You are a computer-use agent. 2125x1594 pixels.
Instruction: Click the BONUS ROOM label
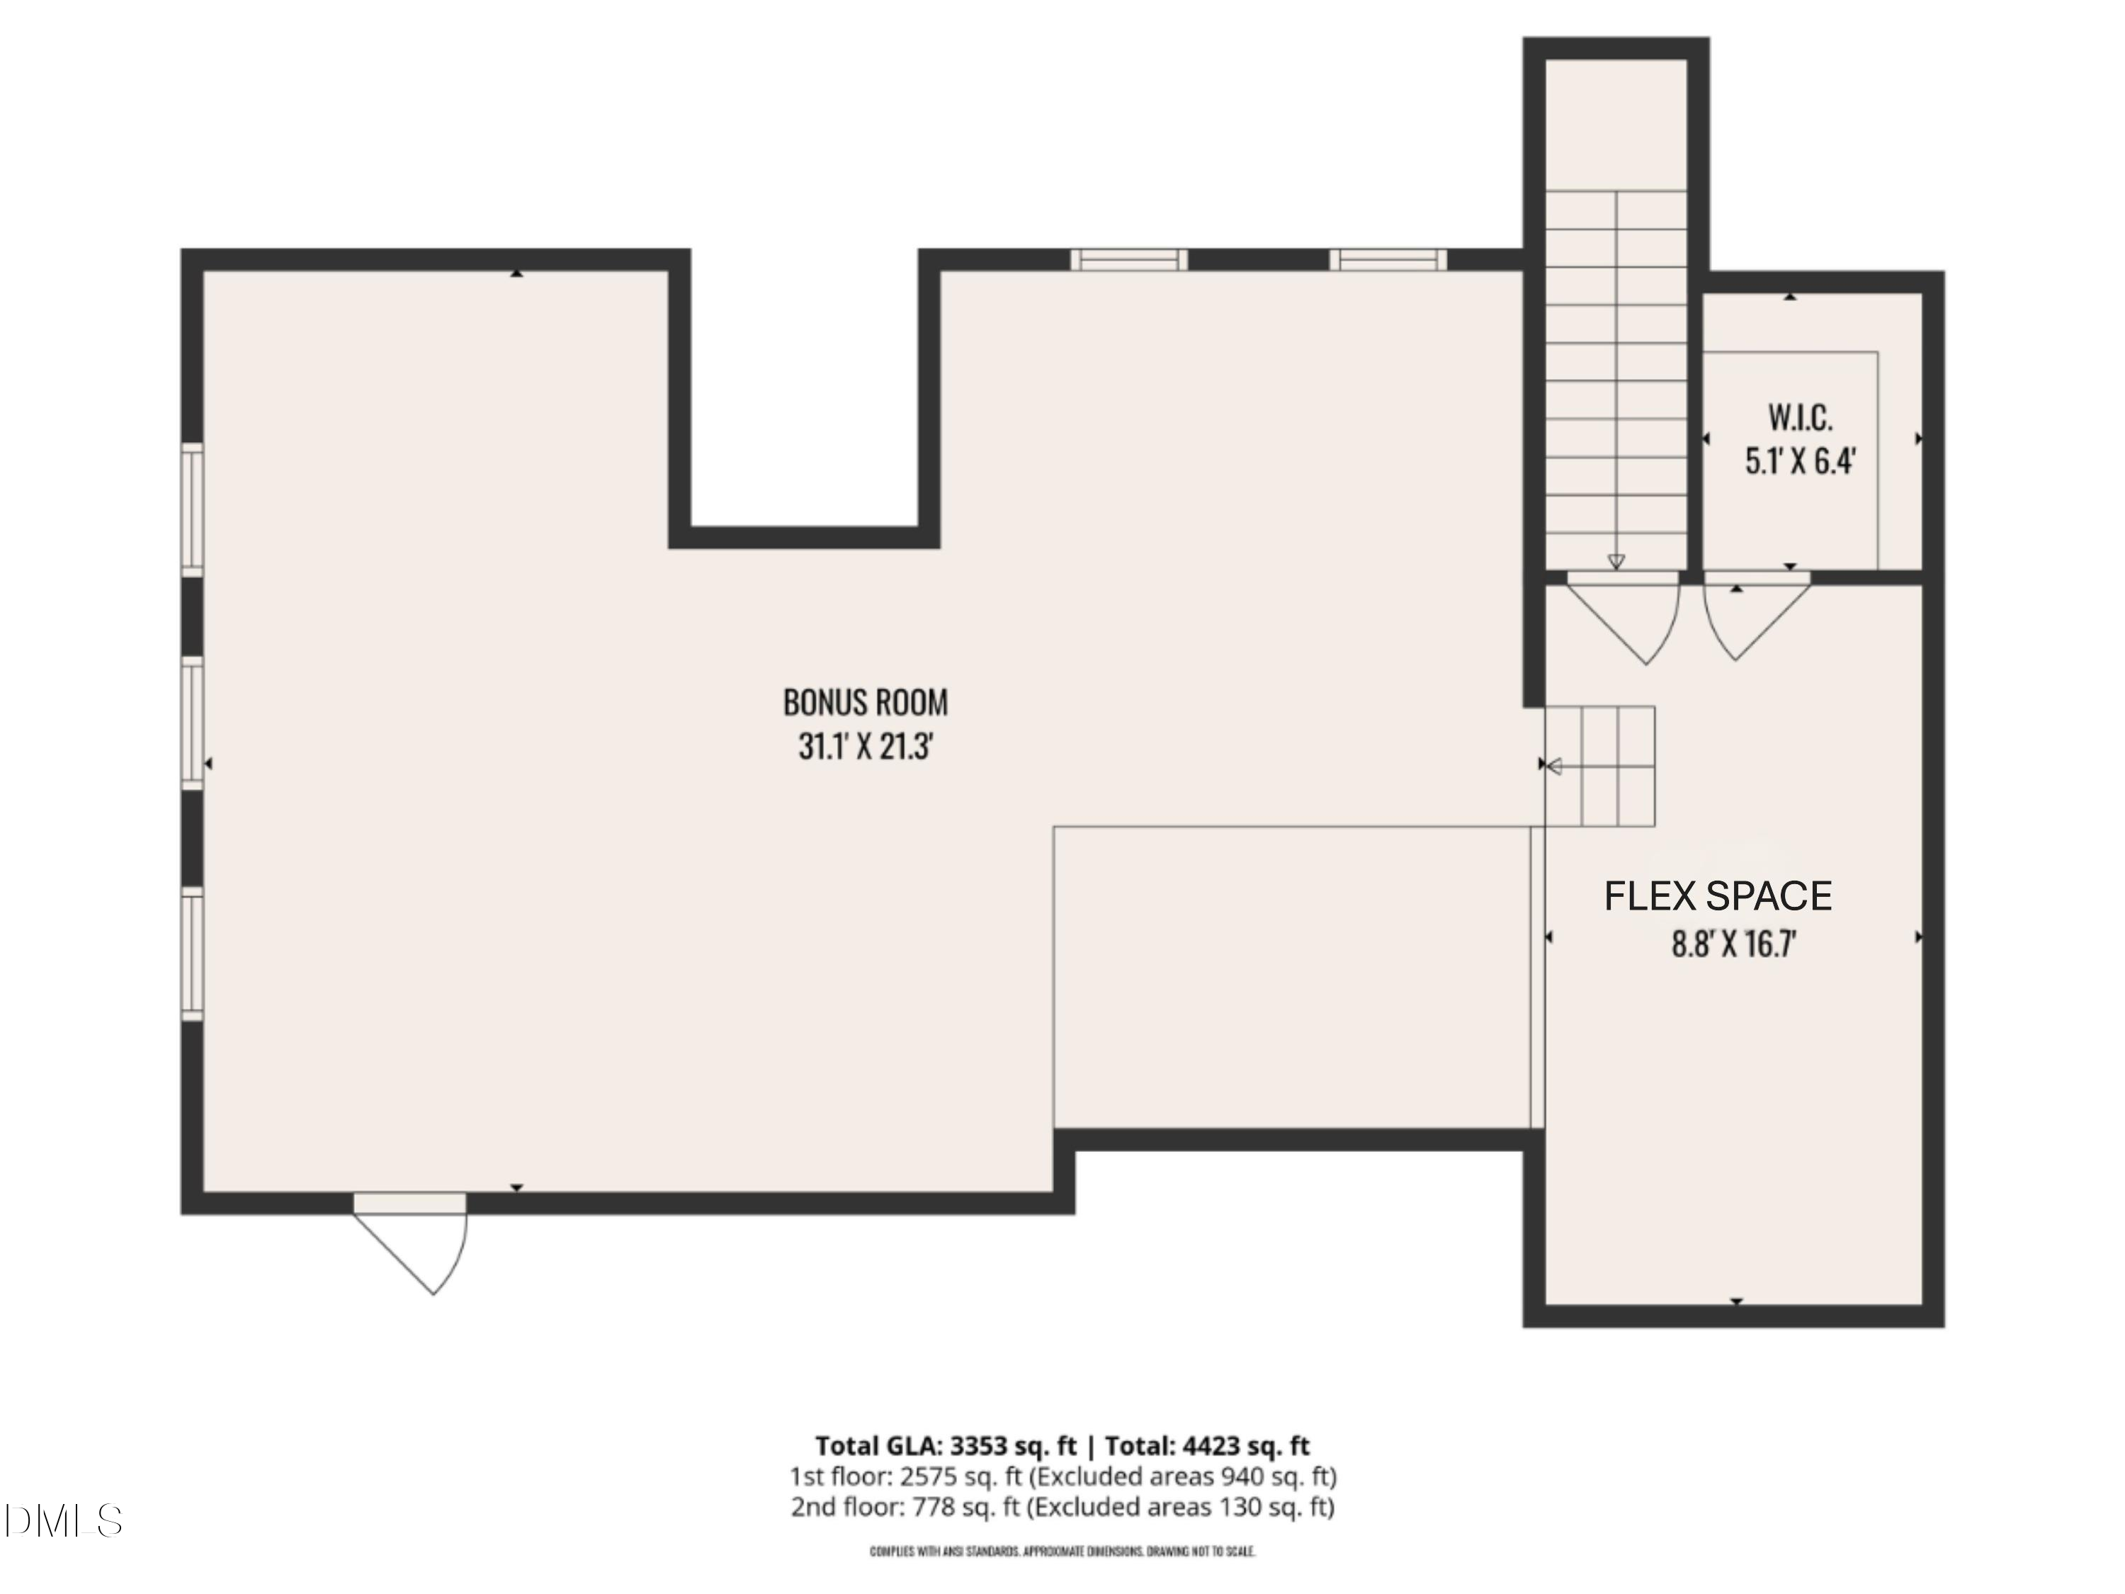(866, 702)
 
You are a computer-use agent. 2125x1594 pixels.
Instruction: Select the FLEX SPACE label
(1718, 896)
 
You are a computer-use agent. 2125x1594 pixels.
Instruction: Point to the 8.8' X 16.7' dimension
(1734, 944)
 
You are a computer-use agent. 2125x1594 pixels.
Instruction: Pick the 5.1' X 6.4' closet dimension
(1799, 462)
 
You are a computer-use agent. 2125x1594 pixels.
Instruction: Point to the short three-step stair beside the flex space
(1599, 767)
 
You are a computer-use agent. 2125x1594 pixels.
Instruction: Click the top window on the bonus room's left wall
(193, 510)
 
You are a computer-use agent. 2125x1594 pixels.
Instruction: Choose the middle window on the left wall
(193, 723)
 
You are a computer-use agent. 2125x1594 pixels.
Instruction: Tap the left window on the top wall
(1129, 259)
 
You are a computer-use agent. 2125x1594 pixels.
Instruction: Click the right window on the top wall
(1388, 259)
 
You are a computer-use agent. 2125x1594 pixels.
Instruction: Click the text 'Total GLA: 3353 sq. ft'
(946, 1446)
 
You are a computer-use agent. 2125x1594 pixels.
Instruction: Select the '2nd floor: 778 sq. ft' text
(905, 1507)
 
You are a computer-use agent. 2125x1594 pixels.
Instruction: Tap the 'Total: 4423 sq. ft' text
(1208, 1446)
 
